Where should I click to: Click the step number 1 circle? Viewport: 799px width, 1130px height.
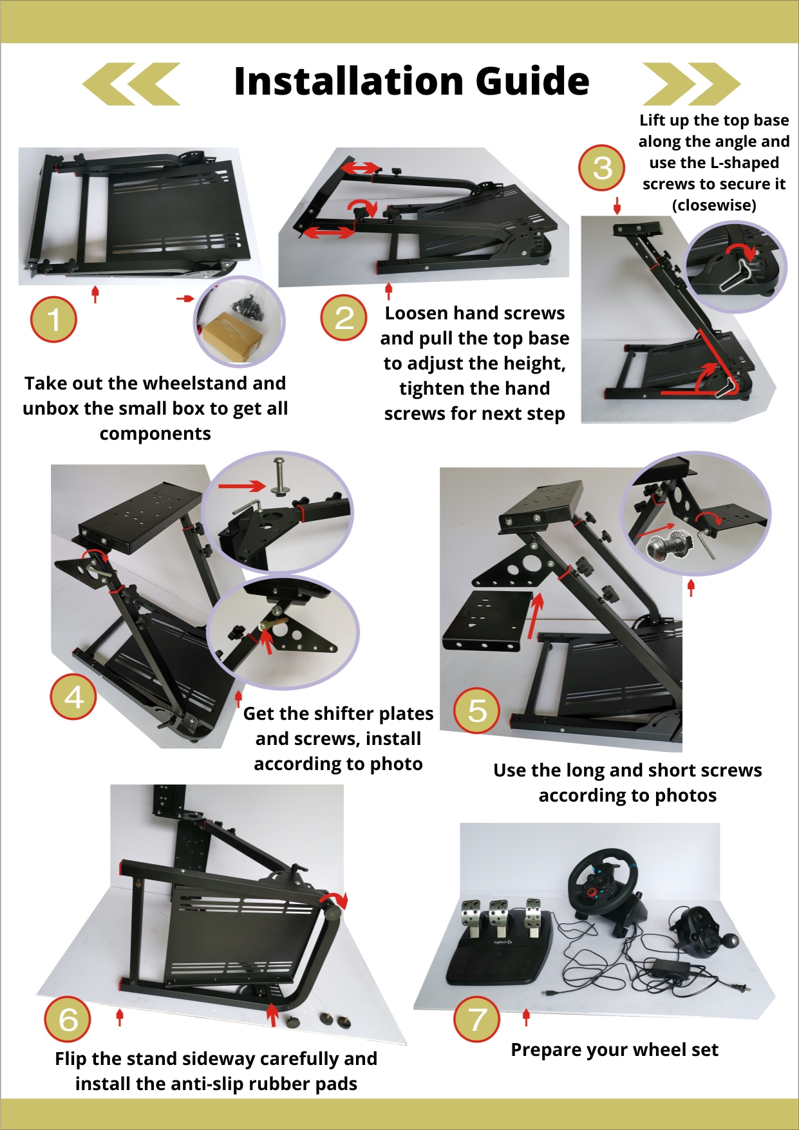[x=53, y=319]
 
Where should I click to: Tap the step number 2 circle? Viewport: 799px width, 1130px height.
[x=344, y=317]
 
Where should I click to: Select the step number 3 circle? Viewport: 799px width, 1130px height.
[x=602, y=168]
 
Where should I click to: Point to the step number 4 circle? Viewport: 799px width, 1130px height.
[x=73, y=697]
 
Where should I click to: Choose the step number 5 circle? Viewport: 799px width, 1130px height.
[x=477, y=711]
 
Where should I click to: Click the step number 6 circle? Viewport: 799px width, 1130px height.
[x=68, y=1019]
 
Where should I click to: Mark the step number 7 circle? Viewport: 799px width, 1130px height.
[x=477, y=1019]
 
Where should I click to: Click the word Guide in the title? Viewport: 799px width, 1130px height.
[x=532, y=81]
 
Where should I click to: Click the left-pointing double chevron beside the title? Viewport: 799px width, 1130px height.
[x=132, y=84]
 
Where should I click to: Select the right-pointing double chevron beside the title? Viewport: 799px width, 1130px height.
[x=691, y=84]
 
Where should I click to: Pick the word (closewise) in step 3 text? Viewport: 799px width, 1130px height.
[x=714, y=205]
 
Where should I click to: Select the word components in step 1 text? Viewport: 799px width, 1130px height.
[x=155, y=435]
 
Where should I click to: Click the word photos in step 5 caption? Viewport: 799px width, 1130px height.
[x=686, y=796]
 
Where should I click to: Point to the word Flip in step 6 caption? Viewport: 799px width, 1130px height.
[x=71, y=1059]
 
